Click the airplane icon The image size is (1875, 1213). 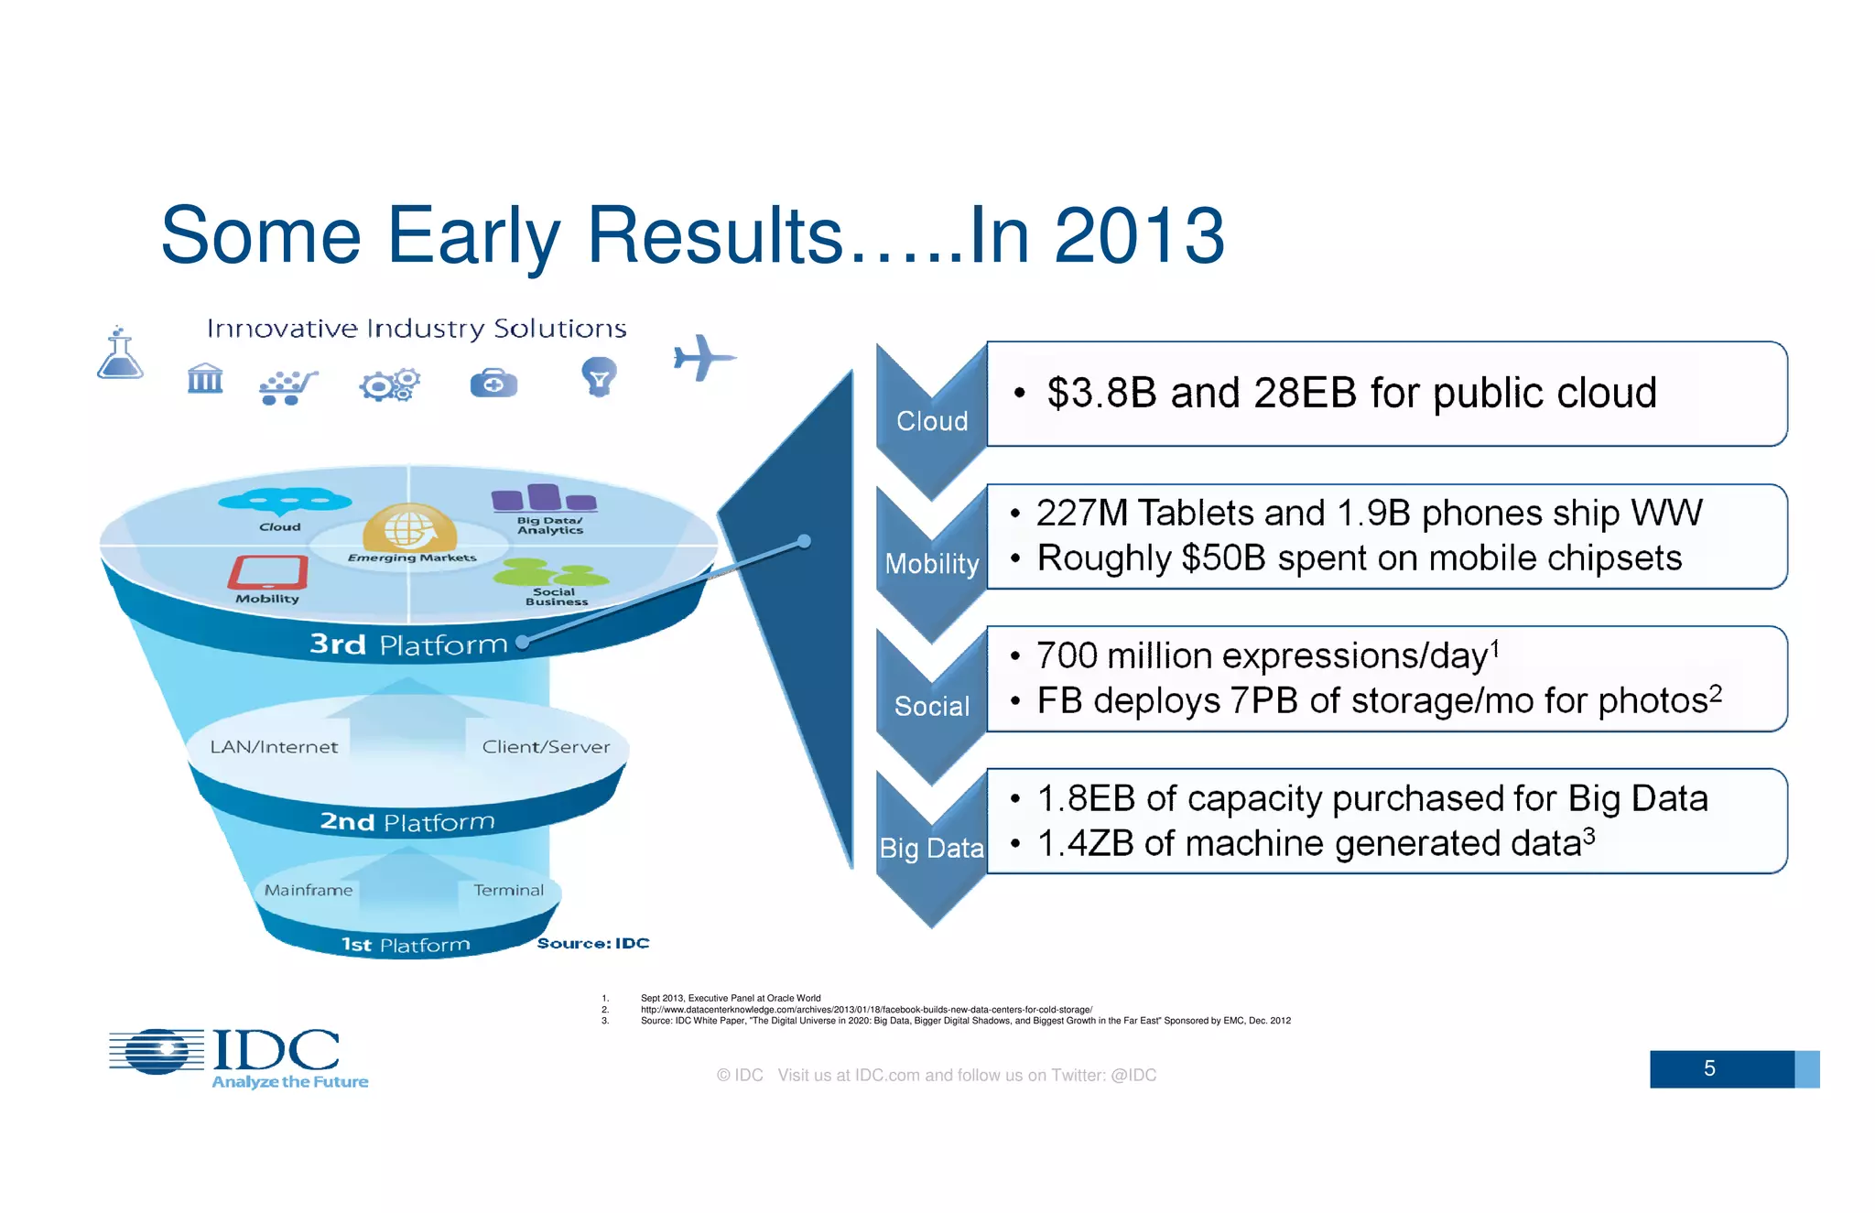pos(703,357)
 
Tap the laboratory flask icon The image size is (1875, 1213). pos(120,354)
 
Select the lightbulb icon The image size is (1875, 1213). pos(599,376)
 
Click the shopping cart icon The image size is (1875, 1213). pos(287,387)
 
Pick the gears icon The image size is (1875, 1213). pos(390,385)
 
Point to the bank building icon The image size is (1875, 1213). pos(205,378)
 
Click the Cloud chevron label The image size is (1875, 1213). pos(931,421)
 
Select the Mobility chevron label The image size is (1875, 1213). pos(931,564)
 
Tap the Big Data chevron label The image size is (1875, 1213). pos(931,849)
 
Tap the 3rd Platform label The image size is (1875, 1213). pos(408,644)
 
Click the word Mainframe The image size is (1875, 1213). pos(309,890)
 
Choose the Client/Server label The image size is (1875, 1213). pos(546,747)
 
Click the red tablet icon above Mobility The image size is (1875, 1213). pos(267,573)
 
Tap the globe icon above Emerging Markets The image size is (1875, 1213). pos(408,528)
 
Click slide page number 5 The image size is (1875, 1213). pos(1708,1068)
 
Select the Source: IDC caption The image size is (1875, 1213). pos(592,943)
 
